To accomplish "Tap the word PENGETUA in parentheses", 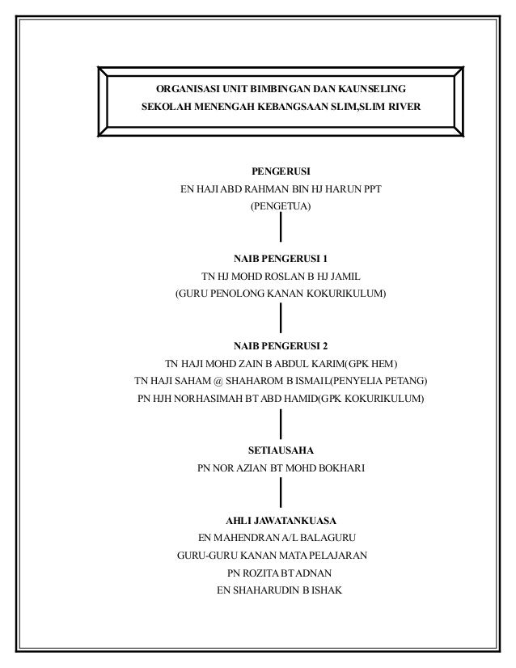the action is coord(281,207).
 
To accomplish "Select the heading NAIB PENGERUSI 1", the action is coord(281,260).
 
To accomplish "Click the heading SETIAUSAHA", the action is coord(281,450).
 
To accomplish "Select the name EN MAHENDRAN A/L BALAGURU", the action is coord(281,538).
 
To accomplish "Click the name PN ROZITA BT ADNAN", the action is coord(281,573).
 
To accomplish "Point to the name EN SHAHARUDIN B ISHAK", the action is coord(281,590).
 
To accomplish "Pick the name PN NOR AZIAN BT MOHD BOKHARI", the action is coord(281,468).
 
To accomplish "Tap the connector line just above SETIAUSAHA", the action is coord(281,422).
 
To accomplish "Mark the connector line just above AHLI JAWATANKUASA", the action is coord(281,493).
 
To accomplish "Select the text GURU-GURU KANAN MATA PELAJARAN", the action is coord(273,556).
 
